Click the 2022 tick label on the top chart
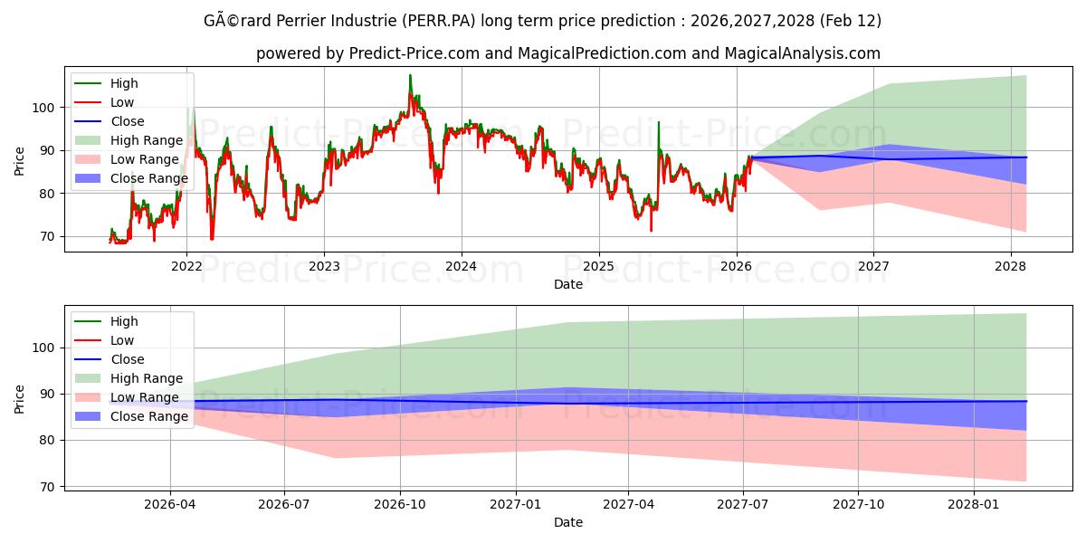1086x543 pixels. coord(186,266)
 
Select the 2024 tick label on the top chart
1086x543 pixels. coord(461,266)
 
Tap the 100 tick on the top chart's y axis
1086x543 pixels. coord(45,107)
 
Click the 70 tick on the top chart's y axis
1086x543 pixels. coord(49,236)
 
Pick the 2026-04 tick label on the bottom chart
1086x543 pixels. coord(170,504)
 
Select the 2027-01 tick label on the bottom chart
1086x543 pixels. coord(516,504)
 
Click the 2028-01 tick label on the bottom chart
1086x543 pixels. coord(975,504)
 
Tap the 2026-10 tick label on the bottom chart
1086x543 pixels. coord(400,504)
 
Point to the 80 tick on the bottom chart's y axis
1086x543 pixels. coord(49,440)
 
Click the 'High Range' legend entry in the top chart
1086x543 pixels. coord(147,140)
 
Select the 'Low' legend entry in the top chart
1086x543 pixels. coord(122,102)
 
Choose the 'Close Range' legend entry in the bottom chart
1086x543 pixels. coord(149,416)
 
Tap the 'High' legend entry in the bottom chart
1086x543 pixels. coord(124,321)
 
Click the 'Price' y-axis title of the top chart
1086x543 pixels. coord(20,159)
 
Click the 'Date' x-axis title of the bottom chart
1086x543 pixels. coord(568,522)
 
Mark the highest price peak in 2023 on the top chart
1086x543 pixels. coord(410,75)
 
